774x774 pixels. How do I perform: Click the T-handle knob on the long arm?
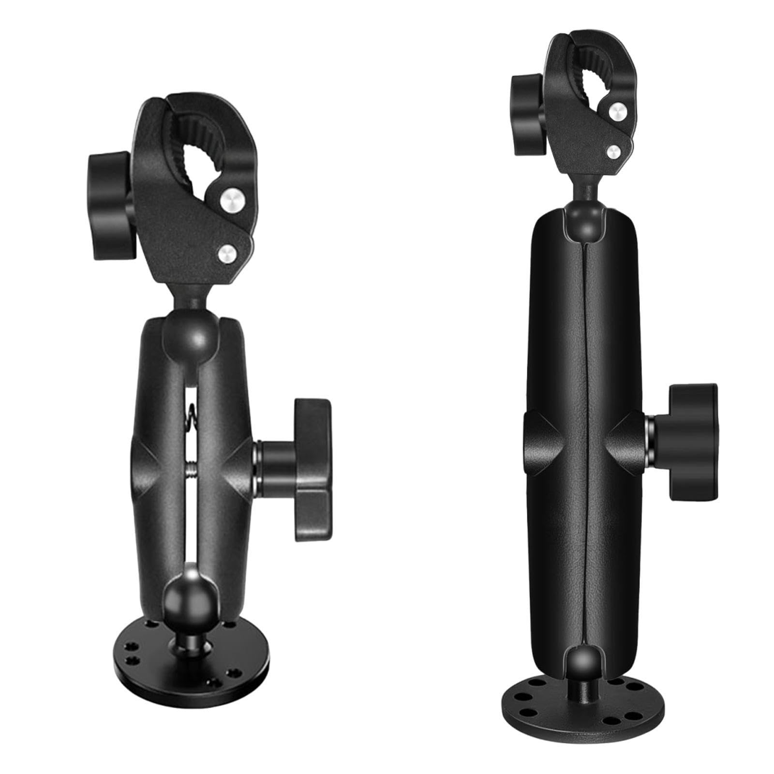tap(692, 435)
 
